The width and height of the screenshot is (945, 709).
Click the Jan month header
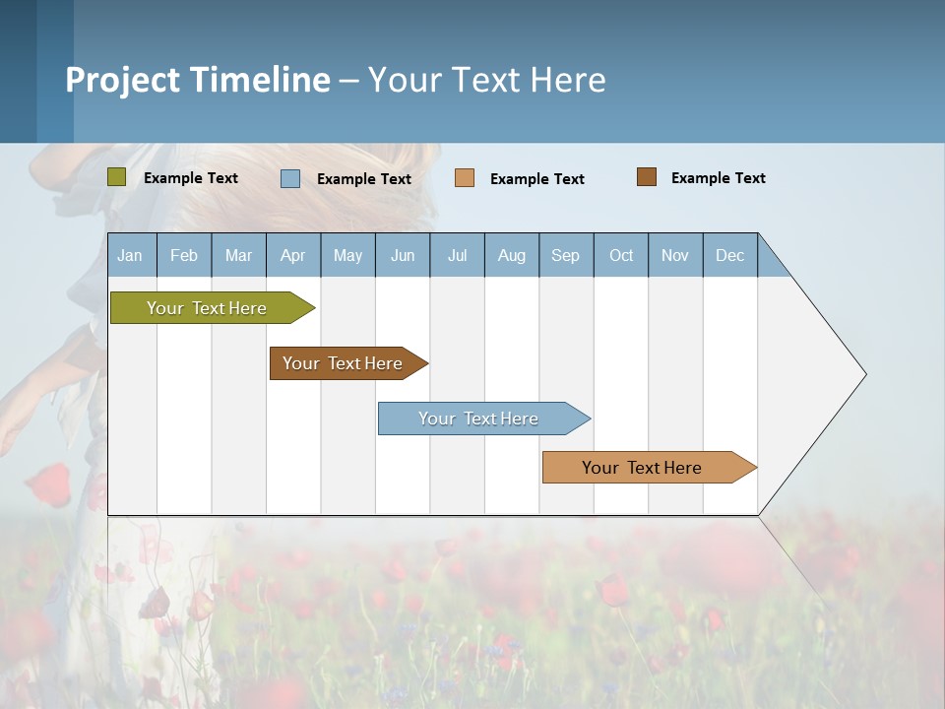130,255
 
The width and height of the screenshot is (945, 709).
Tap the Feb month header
184,255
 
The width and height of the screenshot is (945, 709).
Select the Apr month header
293,255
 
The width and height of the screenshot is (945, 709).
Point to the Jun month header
403,255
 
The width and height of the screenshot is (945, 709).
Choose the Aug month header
512,255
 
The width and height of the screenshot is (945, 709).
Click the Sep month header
566,255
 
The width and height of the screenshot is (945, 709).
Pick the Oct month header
621,255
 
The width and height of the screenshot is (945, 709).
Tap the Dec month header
730,255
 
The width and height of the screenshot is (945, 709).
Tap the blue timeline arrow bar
479,419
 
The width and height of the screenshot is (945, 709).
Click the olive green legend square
117,177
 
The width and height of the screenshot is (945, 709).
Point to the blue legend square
290,178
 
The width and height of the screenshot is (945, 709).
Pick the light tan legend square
465,178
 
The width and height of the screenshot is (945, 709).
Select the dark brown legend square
647,177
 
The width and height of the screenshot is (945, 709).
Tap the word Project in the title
122,80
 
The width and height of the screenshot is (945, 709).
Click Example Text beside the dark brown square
719,178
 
